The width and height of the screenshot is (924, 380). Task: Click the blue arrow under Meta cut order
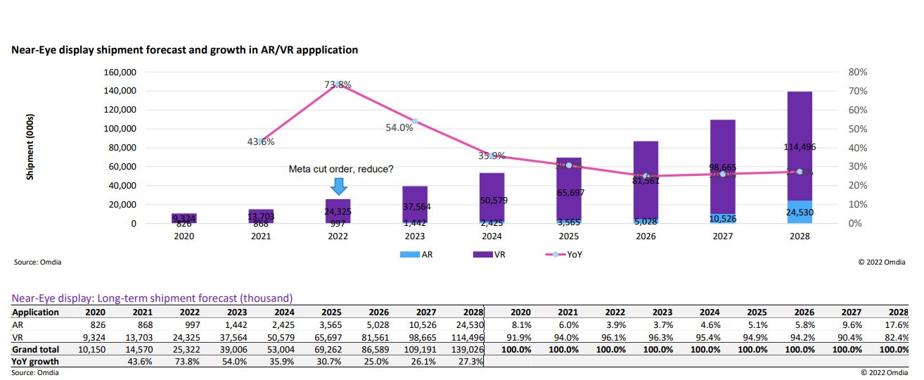point(339,186)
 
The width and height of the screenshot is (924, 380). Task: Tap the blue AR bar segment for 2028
point(800,212)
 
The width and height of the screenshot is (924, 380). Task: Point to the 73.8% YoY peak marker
point(338,84)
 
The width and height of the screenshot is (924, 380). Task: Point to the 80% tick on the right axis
point(858,72)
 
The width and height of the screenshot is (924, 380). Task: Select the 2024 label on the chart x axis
point(492,236)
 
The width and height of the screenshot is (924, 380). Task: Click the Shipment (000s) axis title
point(30,147)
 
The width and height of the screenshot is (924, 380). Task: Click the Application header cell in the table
point(35,312)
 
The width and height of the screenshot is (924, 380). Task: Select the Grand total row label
point(36,348)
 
